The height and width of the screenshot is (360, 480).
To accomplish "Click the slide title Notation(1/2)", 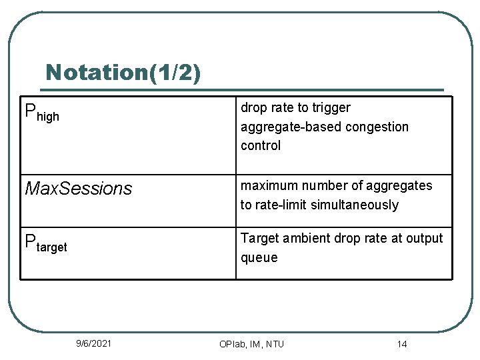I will (123, 72).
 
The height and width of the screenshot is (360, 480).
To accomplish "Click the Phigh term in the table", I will (42, 113).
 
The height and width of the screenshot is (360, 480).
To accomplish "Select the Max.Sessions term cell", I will (79, 189).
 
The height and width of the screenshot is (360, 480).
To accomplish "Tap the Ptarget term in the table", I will (46, 244).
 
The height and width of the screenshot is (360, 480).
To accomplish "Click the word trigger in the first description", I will (331, 108).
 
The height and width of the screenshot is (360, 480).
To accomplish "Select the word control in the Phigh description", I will (261, 145).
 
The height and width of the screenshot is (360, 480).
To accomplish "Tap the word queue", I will (259, 257).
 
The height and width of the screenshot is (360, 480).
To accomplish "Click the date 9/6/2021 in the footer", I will (94, 343).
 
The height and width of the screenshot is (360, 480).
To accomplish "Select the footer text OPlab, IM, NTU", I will (251, 344).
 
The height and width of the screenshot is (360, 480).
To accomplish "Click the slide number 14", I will (401, 344).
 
